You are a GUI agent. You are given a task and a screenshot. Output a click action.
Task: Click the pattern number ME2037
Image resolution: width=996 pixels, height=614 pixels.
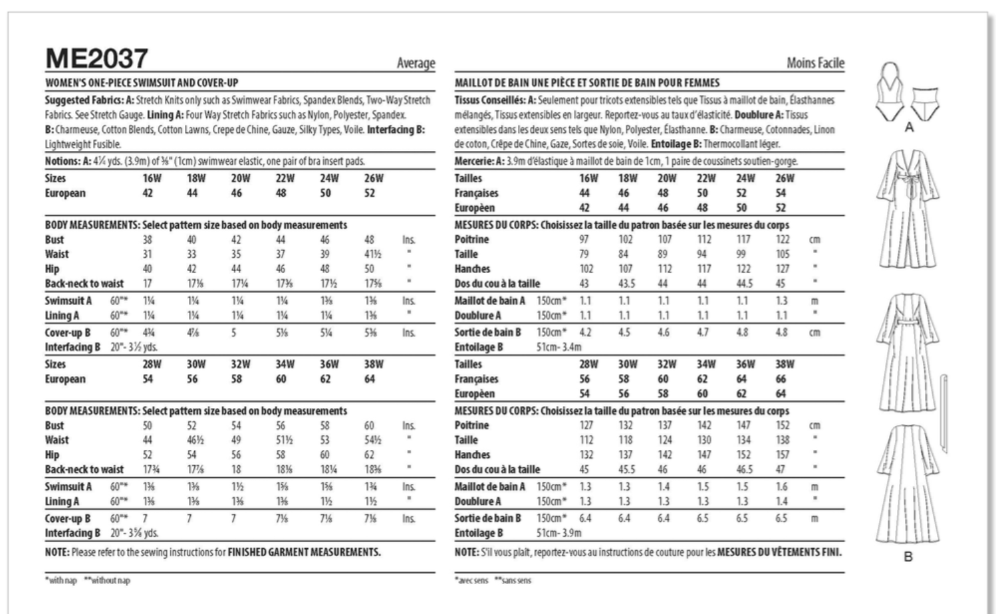[96, 58]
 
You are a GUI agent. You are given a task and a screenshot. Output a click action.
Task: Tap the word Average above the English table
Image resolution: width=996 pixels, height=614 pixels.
[416, 63]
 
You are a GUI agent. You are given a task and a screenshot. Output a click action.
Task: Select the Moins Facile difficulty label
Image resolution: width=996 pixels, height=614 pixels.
[815, 63]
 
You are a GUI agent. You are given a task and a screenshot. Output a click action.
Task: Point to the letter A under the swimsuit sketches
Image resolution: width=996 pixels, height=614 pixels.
[909, 128]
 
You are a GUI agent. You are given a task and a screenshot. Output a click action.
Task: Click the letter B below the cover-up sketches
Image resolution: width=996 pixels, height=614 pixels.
[908, 557]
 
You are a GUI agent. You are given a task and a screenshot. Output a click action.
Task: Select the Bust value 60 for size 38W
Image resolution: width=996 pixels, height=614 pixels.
[369, 426]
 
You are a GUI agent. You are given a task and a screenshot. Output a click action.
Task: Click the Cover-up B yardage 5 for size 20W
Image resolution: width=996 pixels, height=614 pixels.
[233, 333]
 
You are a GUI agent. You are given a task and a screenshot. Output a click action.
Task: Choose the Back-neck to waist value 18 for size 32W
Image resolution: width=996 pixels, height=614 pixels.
[236, 470]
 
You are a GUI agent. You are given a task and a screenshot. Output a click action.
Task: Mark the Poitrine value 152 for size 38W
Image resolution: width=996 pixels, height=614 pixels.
[783, 426]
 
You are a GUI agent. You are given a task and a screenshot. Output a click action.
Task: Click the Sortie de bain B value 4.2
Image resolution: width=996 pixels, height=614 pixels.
[585, 333]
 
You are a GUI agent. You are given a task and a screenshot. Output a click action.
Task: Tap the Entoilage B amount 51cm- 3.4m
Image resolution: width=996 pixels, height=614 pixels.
[559, 348]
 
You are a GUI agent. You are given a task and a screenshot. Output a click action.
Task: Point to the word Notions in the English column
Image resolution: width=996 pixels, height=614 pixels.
[61, 161]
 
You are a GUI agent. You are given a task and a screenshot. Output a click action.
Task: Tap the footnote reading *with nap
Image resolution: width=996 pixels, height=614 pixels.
[61, 581]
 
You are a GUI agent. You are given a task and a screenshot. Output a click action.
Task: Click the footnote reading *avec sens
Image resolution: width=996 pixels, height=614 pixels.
[471, 581]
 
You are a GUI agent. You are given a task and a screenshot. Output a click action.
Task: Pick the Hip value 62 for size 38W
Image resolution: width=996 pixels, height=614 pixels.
[369, 455]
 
